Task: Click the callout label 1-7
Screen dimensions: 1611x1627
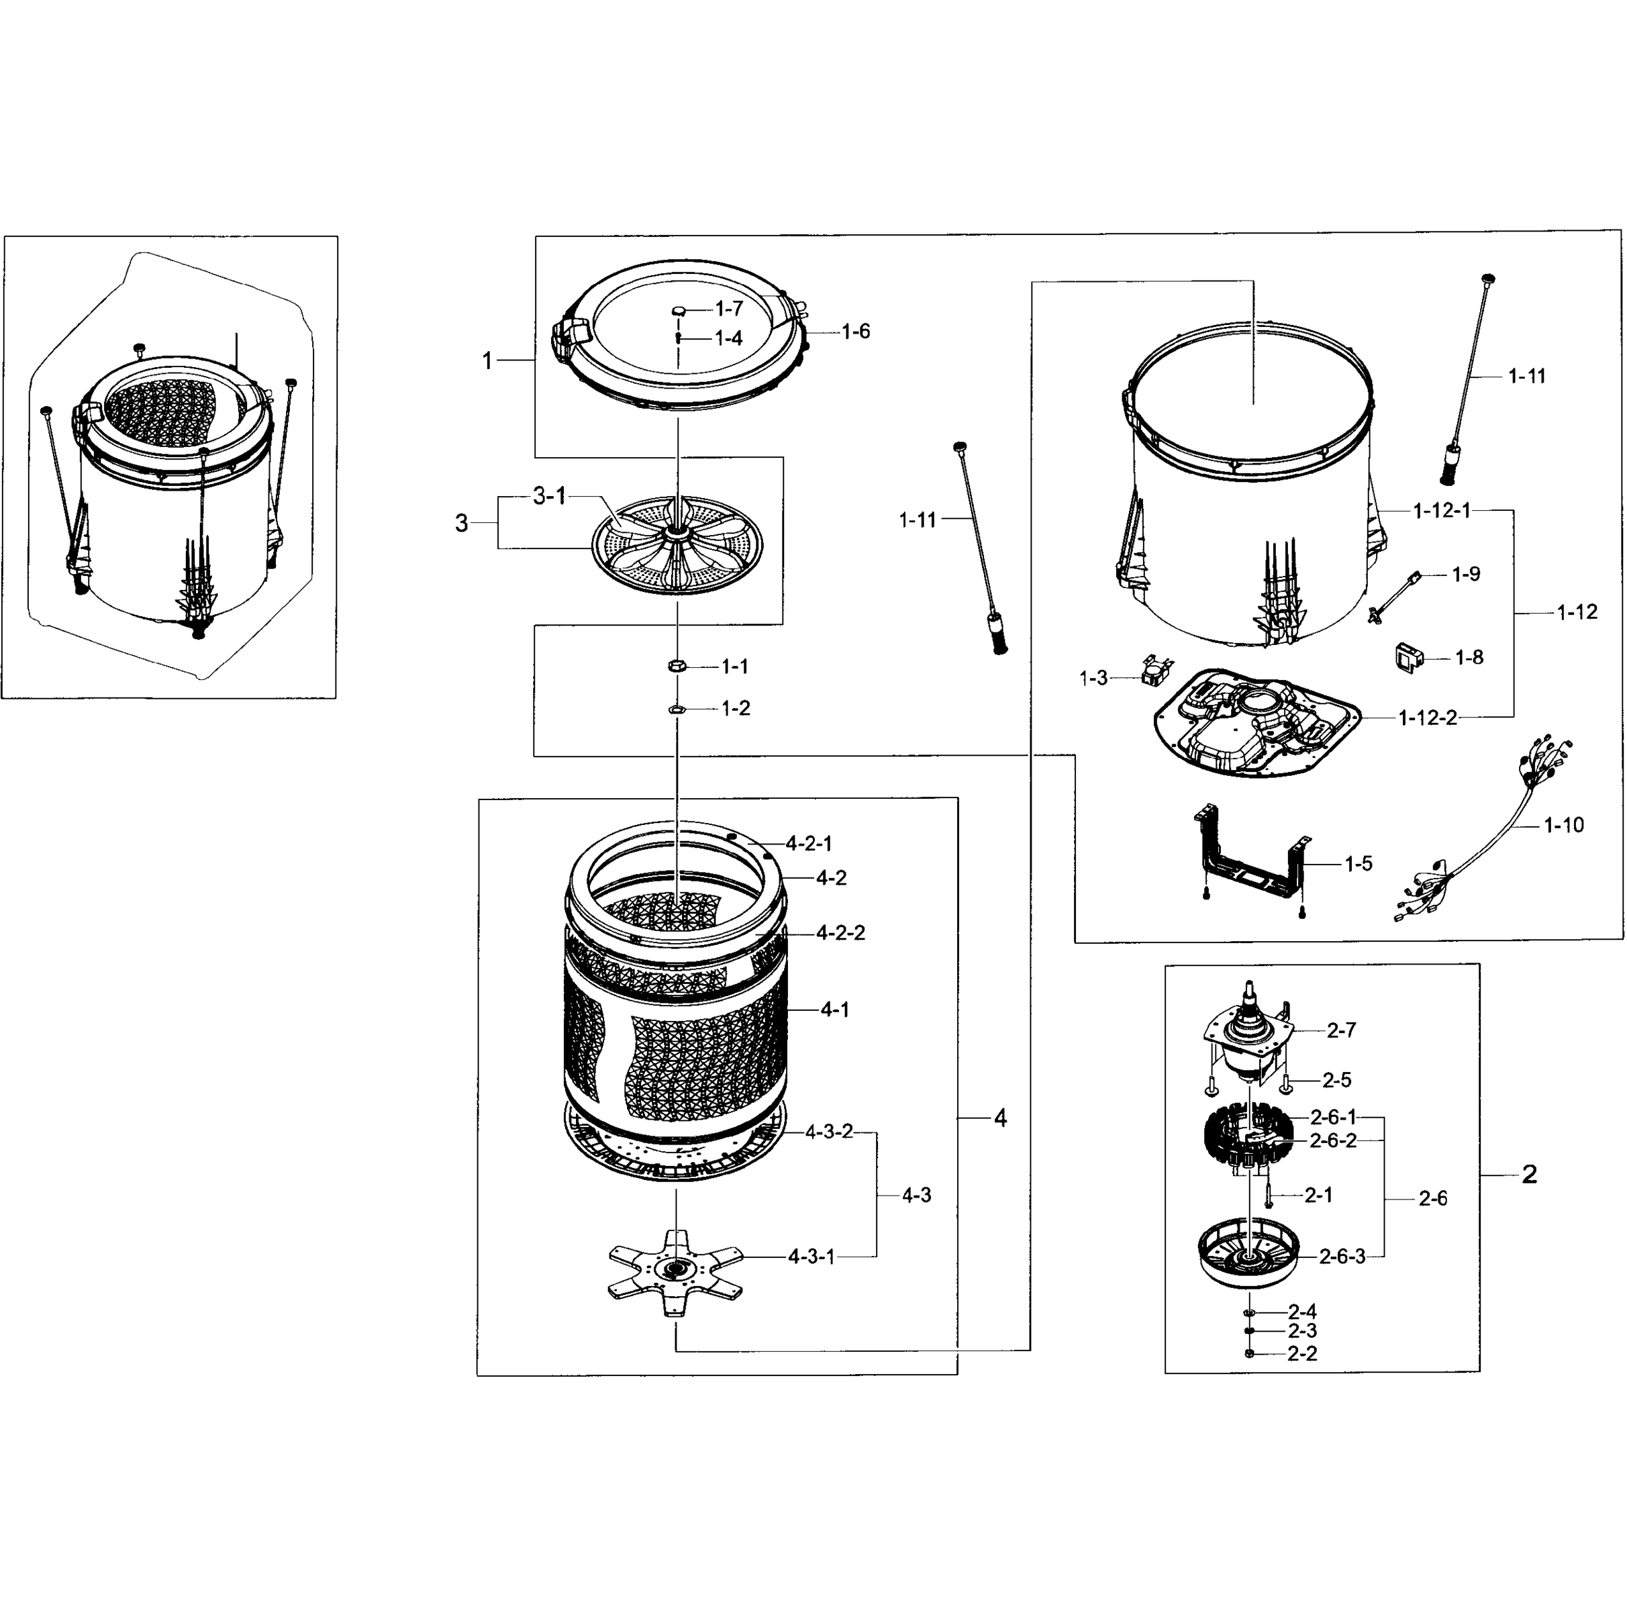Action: pyautogui.click(x=730, y=308)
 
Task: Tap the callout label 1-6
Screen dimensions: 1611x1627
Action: pyautogui.click(x=856, y=332)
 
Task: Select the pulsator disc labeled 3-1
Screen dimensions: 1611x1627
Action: pyautogui.click(x=676, y=545)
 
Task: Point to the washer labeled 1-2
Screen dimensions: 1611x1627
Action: pyautogui.click(x=676, y=709)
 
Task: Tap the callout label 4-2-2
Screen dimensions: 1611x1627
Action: pyautogui.click(x=840, y=933)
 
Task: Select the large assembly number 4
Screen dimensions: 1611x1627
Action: pyautogui.click(x=1001, y=1118)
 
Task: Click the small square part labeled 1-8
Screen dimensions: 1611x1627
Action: pyautogui.click(x=1408, y=657)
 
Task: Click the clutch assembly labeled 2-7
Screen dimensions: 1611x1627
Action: pyautogui.click(x=1246, y=1036)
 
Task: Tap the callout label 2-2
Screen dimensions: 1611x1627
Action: pyautogui.click(x=1302, y=1353)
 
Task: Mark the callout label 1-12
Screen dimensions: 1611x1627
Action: pyautogui.click(x=1577, y=612)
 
